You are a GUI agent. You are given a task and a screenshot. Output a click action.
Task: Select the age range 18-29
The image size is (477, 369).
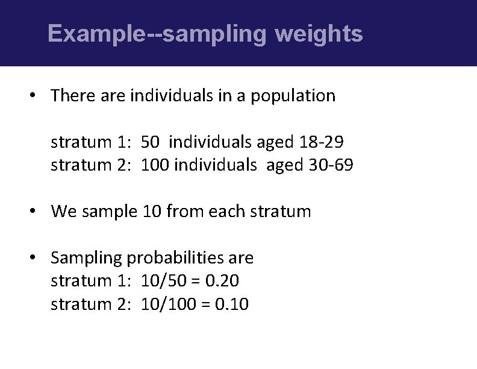322,142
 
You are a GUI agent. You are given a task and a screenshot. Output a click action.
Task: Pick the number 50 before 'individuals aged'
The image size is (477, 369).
151,142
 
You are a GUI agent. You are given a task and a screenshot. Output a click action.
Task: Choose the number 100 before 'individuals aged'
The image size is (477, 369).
155,165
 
